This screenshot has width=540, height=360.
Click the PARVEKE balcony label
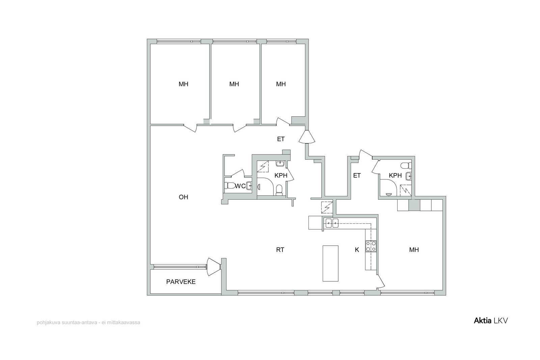pyautogui.click(x=181, y=282)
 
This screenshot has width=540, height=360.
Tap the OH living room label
pyautogui.click(x=183, y=197)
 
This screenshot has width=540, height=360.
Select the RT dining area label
pyautogui.click(x=280, y=250)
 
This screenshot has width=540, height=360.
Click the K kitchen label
pyautogui.click(x=357, y=250)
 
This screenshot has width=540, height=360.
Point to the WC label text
pyautogui.click(x=240, y=186)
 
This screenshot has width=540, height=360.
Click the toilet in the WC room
pyautogui.click(x=229, y=186)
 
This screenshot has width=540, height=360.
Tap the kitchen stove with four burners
pyautogui.click(x=371, y=246)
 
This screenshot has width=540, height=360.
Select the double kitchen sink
pyautogui.click(x=332, y=223)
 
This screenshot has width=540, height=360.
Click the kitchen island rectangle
pyautogui.click(x=330, y=264)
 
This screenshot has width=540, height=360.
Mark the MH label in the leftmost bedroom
pyautogui.click(x=183, y=84)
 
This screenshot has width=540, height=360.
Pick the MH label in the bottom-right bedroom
pyautogui.click(x=414, y=250)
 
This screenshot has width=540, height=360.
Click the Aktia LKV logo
pyautogui.click(x=491, y=321)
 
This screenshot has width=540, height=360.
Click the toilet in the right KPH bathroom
pyautogui.click(x=406, y=166)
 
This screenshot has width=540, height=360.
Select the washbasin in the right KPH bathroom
pyautogui.click(x=409, y=176)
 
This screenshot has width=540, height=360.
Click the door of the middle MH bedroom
pyautogui.click(x=240, y=128)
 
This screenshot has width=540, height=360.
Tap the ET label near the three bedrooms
pyautogui.click(x=281, y=139)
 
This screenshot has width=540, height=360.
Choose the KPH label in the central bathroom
pyautogui.click(x=281, y=175)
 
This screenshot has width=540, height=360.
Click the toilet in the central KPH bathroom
pyautogui.click(x=279, y=190)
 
